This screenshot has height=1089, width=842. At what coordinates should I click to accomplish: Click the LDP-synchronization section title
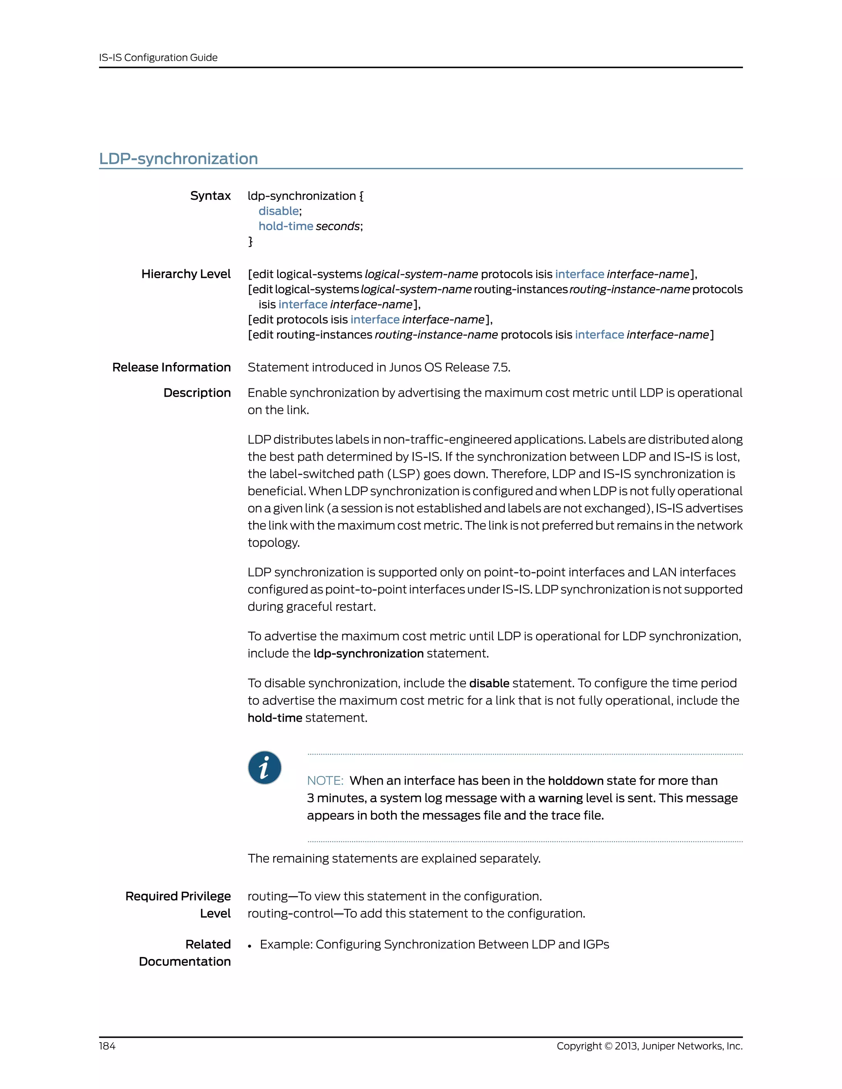[x=178, y=159]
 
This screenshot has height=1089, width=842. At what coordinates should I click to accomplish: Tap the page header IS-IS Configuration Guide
[x=158, y=58]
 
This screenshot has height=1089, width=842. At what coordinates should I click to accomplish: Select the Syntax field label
[x=210, y=196]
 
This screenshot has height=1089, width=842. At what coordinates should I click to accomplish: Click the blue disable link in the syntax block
[x=278, y=211]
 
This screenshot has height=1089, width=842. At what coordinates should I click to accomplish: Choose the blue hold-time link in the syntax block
[x=285, y=226]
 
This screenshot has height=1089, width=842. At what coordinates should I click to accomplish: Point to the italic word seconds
[x=338, y=226]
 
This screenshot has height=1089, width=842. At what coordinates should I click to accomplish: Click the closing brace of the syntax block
[x=250, y=241]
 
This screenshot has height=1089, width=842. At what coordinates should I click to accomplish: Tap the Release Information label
[x=171, y=367]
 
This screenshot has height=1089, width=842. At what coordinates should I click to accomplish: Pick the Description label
[x=197, y=392]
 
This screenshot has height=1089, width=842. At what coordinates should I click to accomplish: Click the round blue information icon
[x=264, y=767]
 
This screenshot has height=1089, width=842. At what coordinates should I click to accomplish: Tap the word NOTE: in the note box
[x=325, y=780]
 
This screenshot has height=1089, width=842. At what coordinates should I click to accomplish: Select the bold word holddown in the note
[x=576, y=780]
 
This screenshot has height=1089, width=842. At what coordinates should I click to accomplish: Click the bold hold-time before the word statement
[x=275, y=718]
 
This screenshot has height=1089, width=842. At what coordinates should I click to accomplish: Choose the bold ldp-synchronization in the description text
[x=368, y=653]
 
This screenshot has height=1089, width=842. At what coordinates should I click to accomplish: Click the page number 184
[x=107, y=1045]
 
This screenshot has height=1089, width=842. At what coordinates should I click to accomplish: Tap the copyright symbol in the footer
[x=608, y=1045]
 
